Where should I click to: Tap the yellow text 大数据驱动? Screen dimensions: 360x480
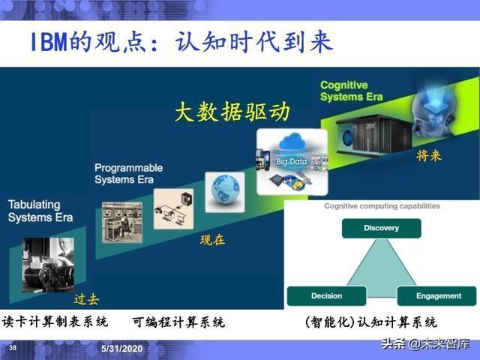232,112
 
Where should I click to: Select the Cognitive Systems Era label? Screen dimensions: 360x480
352,91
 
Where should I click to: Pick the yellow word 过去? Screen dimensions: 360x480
86,298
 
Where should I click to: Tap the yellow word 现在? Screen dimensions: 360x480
212,240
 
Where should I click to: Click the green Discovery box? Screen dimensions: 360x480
381,228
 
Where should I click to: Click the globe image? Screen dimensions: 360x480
225,190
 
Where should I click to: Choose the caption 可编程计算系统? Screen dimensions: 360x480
178,322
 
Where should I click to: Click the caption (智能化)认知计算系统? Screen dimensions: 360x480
371,322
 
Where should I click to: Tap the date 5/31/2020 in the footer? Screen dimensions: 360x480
121,349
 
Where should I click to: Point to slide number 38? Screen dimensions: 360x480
13,349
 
